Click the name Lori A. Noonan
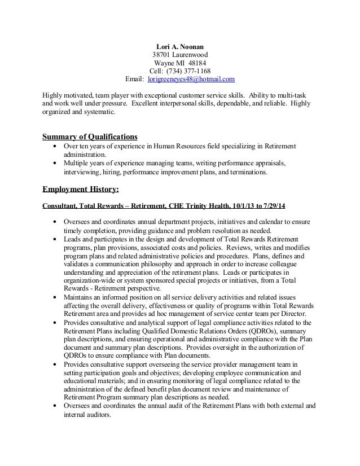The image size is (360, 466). click(180, 47)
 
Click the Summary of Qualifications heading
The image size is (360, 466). click(90, 137)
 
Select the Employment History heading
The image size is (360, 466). click(81, 189)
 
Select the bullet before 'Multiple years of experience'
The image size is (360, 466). click(54, 163)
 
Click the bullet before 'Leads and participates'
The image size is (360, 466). click(54, 239)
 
